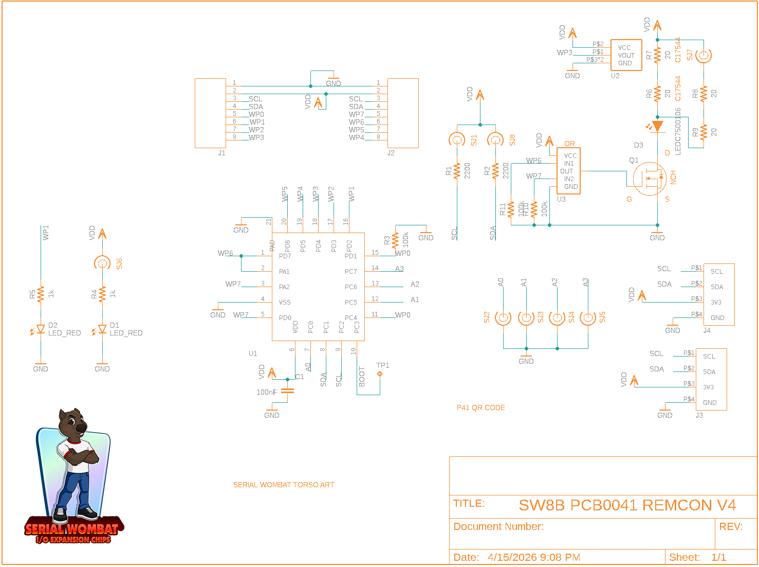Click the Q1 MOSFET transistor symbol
[649, 179]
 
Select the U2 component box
[626, 55]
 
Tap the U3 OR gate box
[569, 171]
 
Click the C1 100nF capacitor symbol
[288, 391]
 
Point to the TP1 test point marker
[380, 374]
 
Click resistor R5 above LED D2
[41, 294]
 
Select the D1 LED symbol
[102, 329]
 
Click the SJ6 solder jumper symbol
[102, 263]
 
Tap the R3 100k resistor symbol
[395, 240]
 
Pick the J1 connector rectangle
[210, 113]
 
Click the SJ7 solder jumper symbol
[704, 55]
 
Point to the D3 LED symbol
[657, 126]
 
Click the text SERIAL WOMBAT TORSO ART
[284, 485]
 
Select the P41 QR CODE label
[480, 407]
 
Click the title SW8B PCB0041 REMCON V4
[627, 505]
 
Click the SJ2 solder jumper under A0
[503, 318]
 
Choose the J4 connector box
[718, 294]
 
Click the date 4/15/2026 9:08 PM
[533, 557]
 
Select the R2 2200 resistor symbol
[495, 171]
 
